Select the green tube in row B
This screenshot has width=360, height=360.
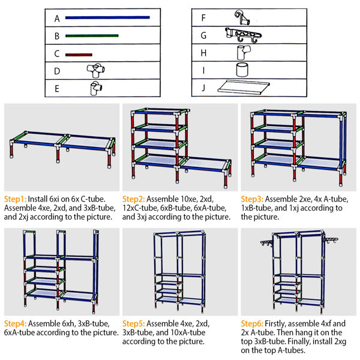tap(91, 36)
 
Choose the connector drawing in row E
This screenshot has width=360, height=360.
tap(94, 89)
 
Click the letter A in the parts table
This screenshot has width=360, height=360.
tap(56, 18)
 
